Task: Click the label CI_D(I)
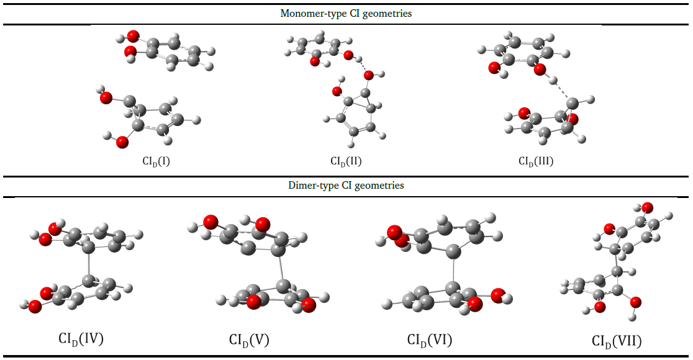[156, 162]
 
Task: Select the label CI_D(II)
[346, 162]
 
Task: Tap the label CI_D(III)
[536, 162]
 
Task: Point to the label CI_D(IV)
[81, 339]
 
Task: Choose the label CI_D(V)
[249, 340]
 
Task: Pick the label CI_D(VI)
[430, 340]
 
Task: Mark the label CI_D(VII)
[617, 341]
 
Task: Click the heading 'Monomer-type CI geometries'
[346, 13]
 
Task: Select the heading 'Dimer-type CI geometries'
[346, 186]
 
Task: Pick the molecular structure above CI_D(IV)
[84, 267]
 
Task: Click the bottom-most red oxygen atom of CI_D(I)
[122, 143]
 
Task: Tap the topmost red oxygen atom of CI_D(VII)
[647, 207]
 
